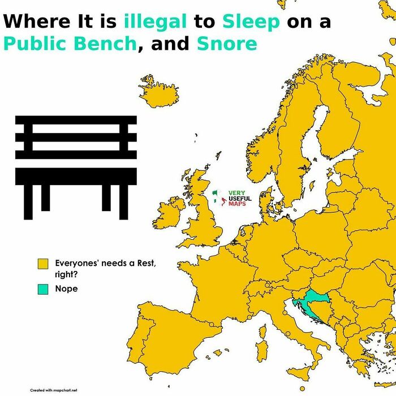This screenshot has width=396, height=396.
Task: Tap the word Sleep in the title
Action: [x=251, y=21]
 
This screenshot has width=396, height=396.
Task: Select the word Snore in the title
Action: [x=226, y=43]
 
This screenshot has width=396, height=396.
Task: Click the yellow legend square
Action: [x=43, y=264]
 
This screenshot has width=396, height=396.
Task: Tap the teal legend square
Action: [x=43, y=289]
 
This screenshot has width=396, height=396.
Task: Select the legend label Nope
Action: [x=66, y=289]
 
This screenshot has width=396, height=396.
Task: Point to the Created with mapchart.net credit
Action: [x=54, y=390]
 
